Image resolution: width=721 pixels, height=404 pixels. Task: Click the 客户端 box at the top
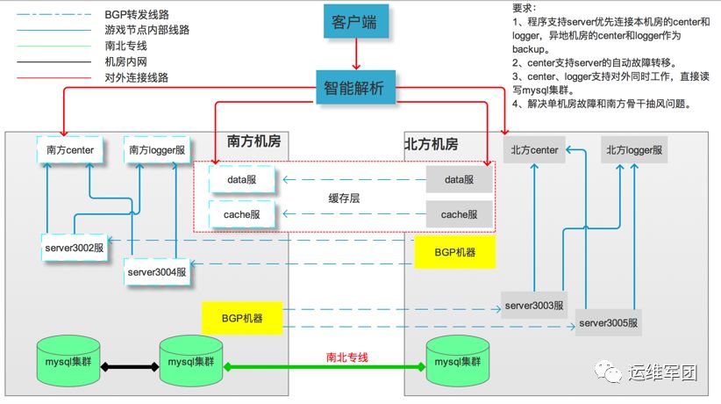tap(355, 22)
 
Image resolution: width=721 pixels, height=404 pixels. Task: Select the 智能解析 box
tap(355, 90)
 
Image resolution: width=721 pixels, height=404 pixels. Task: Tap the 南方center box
tap(70, 150)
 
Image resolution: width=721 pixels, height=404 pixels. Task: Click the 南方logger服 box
tap(157, 150)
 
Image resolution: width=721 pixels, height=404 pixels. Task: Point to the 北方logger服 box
tap(634, 150)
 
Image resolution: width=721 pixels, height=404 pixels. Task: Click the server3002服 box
tap(75, 247)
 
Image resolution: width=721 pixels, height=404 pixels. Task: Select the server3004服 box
tap(157, 271)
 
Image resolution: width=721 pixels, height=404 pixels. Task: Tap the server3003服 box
tap(534, 305)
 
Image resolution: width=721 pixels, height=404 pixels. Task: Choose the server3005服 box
tap(609, 322)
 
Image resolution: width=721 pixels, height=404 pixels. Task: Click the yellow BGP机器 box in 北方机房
tap(454, 252)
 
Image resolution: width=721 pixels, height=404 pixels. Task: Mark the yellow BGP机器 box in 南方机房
tap(242, 318)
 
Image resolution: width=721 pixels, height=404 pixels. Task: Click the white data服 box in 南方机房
tap(241, 180)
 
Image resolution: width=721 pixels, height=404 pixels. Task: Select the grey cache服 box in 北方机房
tap(460, 213)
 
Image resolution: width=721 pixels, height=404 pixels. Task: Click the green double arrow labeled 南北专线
tap(325, 366)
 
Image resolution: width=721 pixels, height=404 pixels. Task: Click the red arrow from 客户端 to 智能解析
tap(356, 54)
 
